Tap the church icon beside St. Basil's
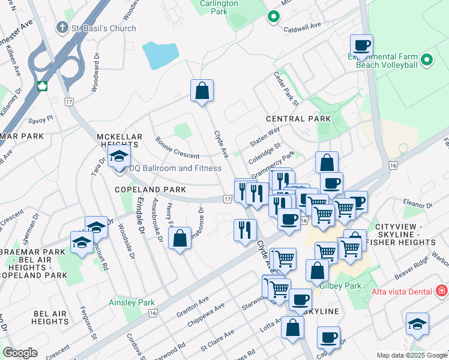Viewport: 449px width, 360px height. (61, 28)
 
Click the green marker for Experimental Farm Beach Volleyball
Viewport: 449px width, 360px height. (427, 59)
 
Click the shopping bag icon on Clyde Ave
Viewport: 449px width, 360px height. (202, 91)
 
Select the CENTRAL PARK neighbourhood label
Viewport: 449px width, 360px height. (298, 119)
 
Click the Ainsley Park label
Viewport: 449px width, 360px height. (131, 303)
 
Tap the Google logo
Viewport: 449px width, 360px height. (20, 353)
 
